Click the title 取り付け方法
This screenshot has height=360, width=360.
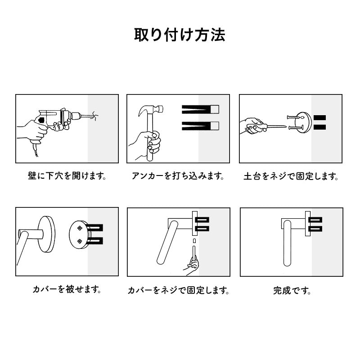(x=180, y=35)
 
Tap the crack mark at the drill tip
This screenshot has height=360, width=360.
(x=94, y=116)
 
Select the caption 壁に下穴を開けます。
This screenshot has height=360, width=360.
(x=67, y=175)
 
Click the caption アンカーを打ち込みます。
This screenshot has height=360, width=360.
(x=178, y=175)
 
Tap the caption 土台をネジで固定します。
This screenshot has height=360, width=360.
(x=291, y=176)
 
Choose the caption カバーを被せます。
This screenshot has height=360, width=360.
(x=67, y=289)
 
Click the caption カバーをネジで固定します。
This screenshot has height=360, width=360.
(x=179, y=291)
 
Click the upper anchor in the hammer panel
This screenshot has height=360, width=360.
(x=200, y=109)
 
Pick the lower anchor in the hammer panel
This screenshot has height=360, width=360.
(x=200, y=126)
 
